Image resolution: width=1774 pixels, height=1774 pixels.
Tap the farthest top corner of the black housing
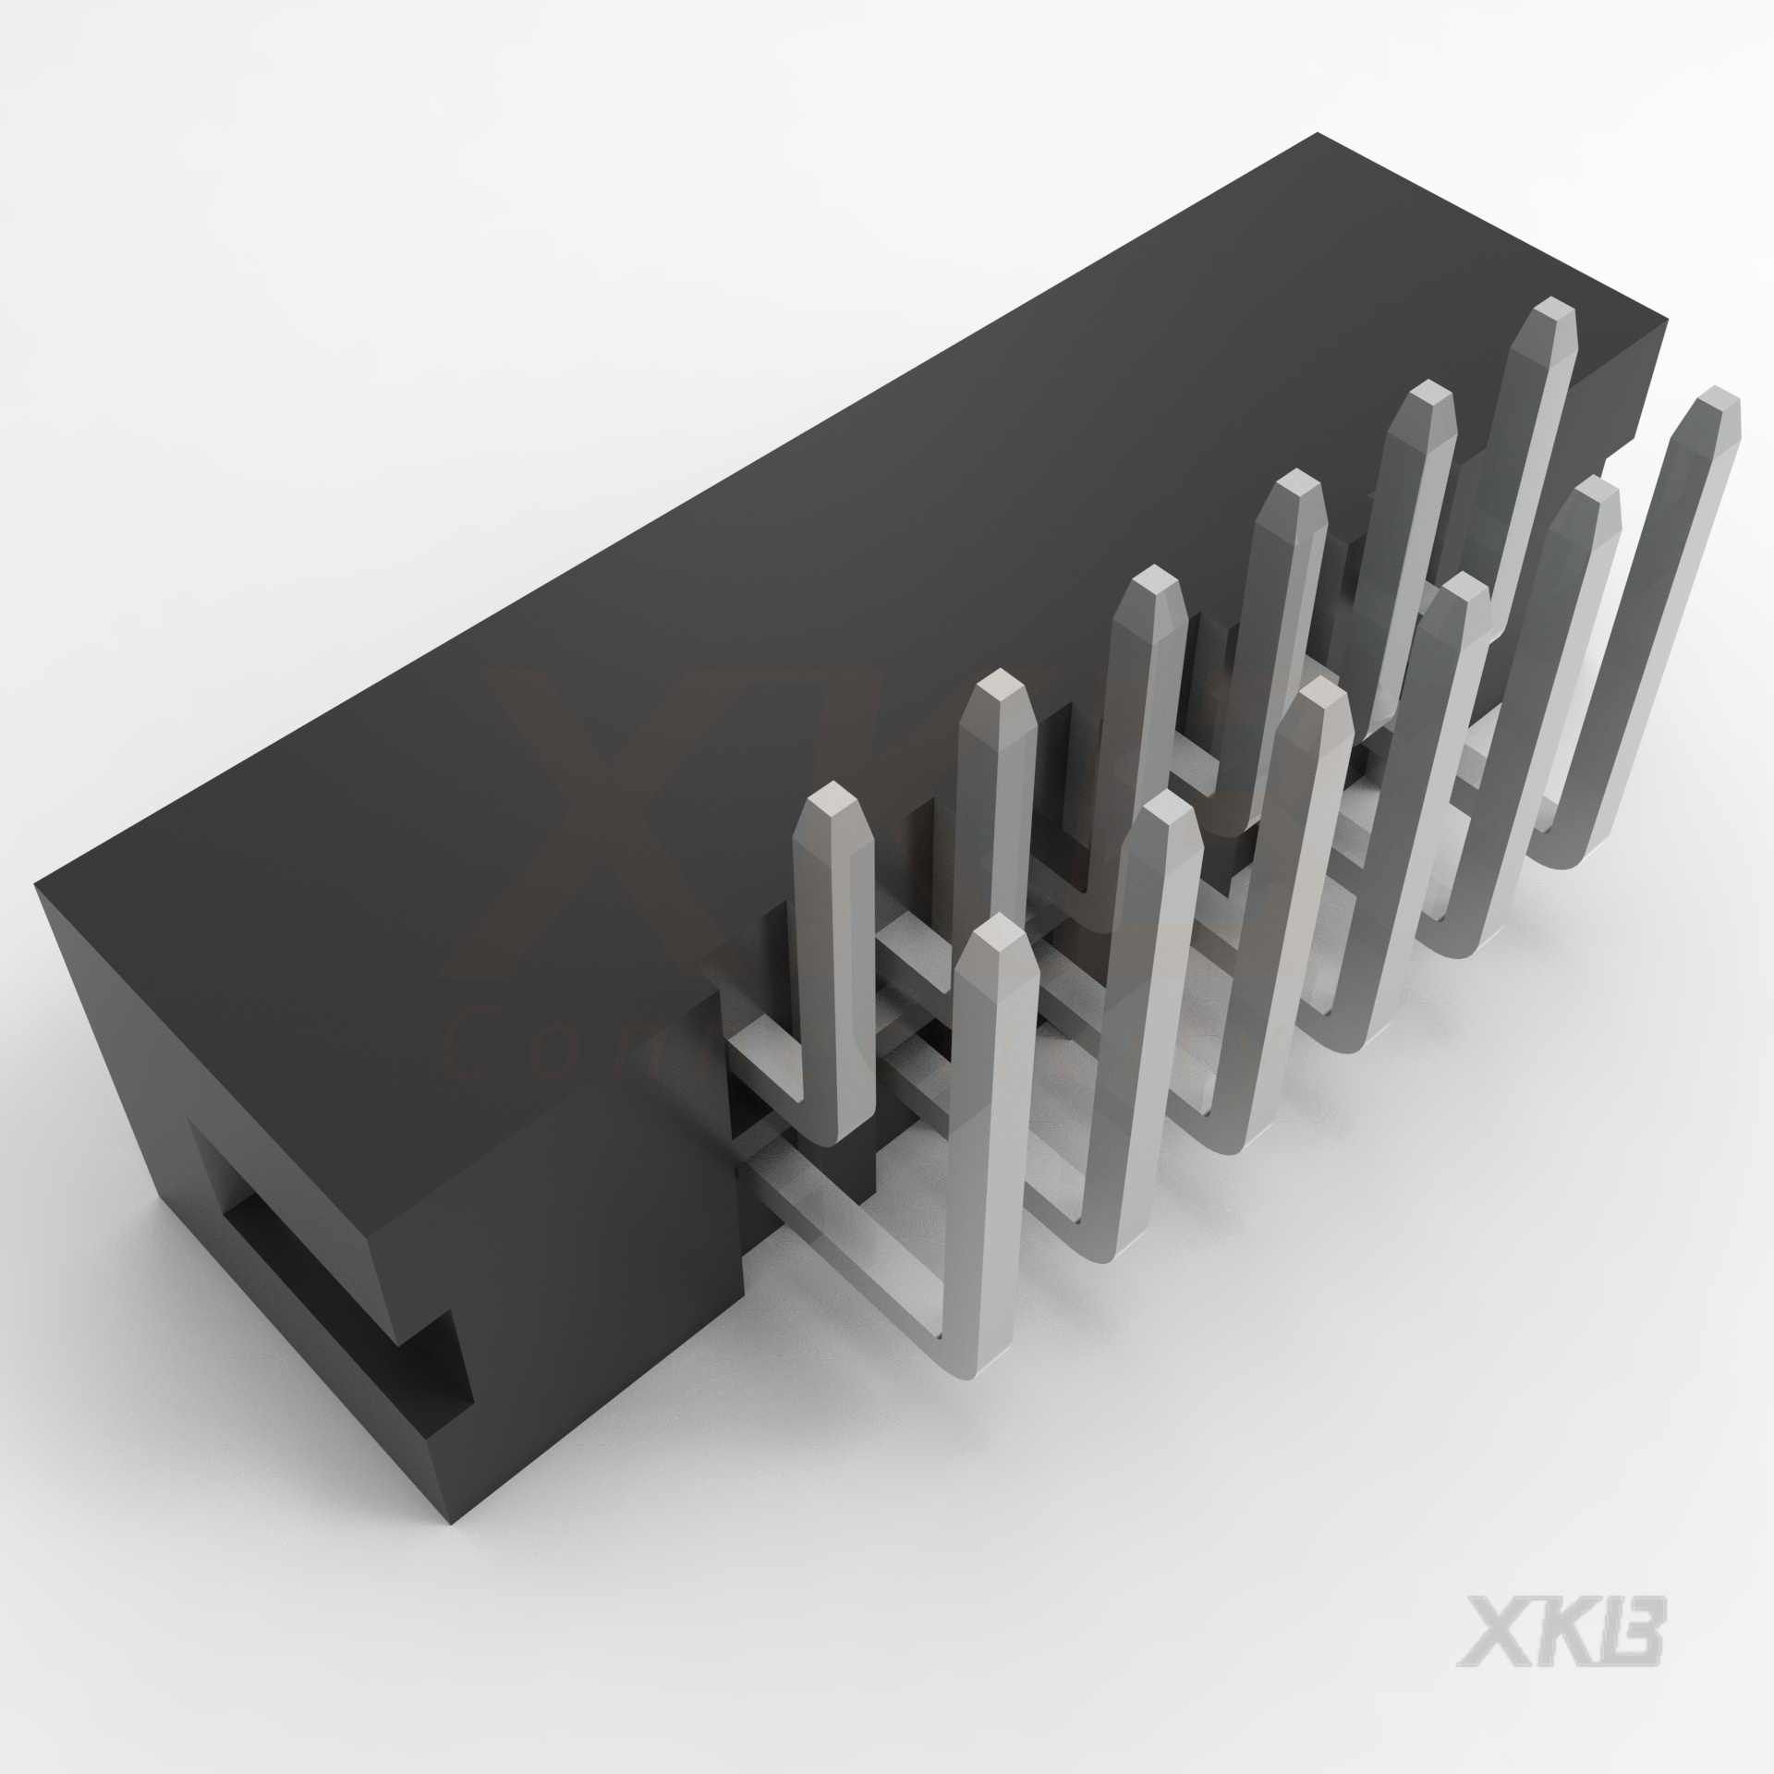click(x=1317, y=136)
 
